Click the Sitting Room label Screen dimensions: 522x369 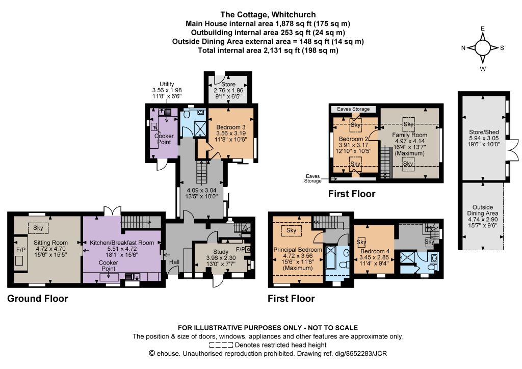point(50,243)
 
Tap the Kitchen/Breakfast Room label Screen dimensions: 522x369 point(122,243)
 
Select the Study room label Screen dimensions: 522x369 point(221,252)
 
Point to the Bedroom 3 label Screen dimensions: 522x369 point(231,127)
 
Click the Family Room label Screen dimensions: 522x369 point(409,135)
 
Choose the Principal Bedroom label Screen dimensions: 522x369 point(298,250)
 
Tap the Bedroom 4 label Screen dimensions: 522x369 point(375,251)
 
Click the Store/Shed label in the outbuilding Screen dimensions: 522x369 point(484,132)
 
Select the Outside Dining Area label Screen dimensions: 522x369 point(483,210)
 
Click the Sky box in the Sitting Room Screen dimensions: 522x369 point(38,228)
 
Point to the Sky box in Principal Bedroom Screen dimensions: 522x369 point(291,230)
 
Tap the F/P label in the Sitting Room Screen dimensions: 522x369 point(20,250)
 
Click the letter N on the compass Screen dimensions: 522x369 point(463,48)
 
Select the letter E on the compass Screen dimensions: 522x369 point(483,29)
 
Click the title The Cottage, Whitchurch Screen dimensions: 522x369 point(268,15)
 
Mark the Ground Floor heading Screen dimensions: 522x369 point(38,299)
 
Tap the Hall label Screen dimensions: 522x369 point(174,262)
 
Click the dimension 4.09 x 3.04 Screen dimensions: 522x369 point(201,190)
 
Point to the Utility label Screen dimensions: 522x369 point(167,84)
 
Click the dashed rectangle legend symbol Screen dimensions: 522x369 point(221,345)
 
